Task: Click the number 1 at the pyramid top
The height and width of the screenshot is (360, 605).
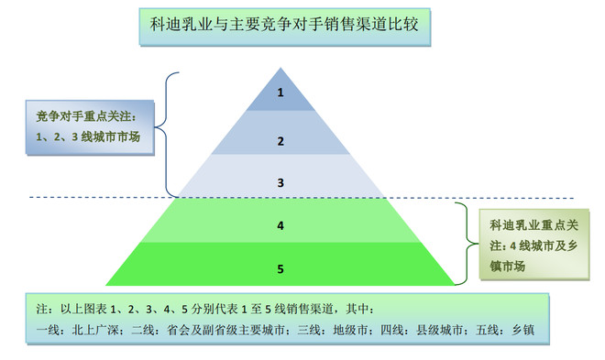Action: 281,93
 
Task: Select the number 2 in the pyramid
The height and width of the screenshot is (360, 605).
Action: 281,141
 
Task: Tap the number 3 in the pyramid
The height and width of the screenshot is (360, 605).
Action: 281,182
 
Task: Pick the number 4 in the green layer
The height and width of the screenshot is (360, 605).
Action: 281,224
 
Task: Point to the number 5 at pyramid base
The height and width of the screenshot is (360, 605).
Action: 281,267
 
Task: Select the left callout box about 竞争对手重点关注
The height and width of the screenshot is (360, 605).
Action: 87,128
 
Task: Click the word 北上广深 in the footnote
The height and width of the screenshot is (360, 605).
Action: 90,330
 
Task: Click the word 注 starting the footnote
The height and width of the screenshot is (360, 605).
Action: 38,310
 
